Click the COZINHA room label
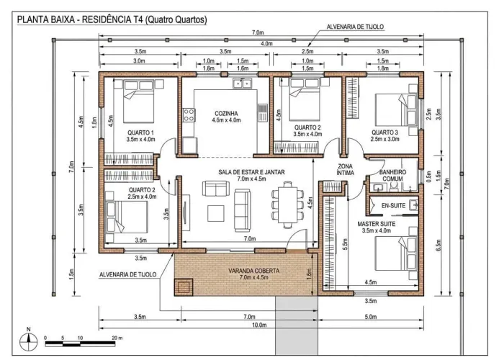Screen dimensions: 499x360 coord(226,113)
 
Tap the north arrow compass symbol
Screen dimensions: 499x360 coord(29,341)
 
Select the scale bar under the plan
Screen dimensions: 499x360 coord(80,343)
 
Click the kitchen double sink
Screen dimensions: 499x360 coord(242,83)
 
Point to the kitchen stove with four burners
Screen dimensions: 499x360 coord(189,115)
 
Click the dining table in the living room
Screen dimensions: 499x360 coord(288,204)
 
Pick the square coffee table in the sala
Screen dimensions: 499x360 coord(216,213)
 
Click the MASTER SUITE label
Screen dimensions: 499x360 coord(377,224)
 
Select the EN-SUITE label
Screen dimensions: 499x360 coord(393,206)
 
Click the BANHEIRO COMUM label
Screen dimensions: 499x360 coord(392,176)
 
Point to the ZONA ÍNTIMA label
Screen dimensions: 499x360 coord(346,169)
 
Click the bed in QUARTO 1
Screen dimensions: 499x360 coord(138,102)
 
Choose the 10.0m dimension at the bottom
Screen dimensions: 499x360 coord(259,325)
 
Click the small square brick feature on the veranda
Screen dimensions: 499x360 coord(184,287)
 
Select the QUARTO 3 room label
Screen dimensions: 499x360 coord(385,132)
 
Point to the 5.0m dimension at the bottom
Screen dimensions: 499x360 coord(370,317)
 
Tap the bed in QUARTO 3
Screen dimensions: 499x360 coord(396,110)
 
